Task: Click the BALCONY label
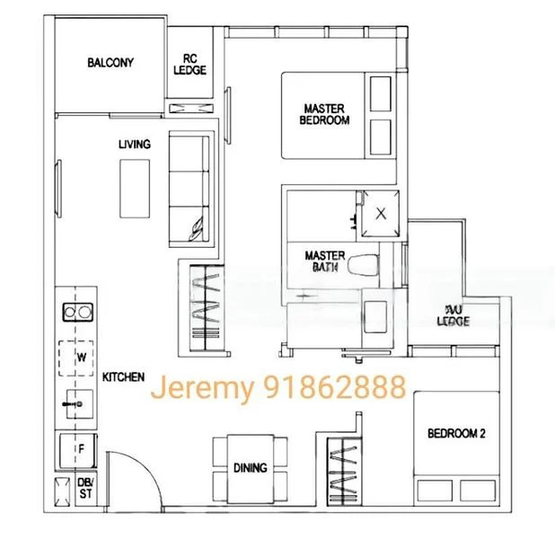pos(110,62)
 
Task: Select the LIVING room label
pos(134,144)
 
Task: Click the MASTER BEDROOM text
pos(324,114)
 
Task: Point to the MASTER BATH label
pos(324,261)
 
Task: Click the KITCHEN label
pos(123,377)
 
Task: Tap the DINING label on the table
pos(250,468)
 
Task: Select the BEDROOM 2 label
pos(456,433)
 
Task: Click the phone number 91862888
pos(337,388)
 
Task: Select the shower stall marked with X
pos(382,213)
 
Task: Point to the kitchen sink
pos(74,405)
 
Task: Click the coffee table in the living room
pos(137,187)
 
